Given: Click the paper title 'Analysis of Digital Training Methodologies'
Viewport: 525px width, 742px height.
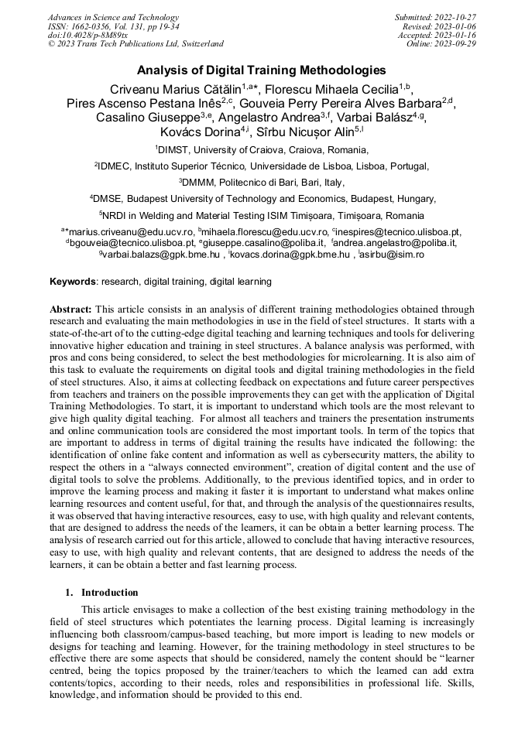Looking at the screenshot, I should [x=262, y=70].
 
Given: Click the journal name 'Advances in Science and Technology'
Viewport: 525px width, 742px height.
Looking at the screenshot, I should [x=113, y=18].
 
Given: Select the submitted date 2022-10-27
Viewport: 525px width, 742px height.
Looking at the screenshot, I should [x=456, y=18].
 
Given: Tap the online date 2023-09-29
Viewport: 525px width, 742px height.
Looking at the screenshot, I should [x=456, y=44].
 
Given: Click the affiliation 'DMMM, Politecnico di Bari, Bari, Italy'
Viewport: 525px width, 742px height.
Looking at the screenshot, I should [x=263, y=183].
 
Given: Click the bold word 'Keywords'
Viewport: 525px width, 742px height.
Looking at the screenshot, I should [x=73, y=282].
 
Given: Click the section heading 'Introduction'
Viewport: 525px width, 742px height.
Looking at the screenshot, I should [x=109, y=593].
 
